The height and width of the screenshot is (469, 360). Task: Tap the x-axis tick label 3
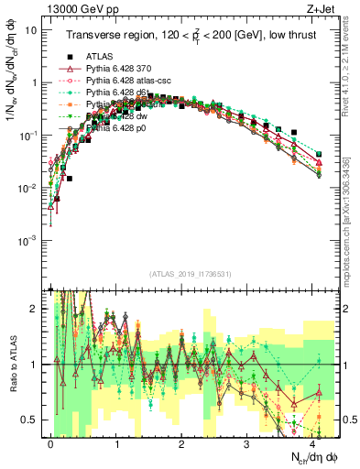coord(247,442)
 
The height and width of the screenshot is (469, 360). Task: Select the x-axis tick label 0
coord(51,442)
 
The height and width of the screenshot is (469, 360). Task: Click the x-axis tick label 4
coord(312,442)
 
